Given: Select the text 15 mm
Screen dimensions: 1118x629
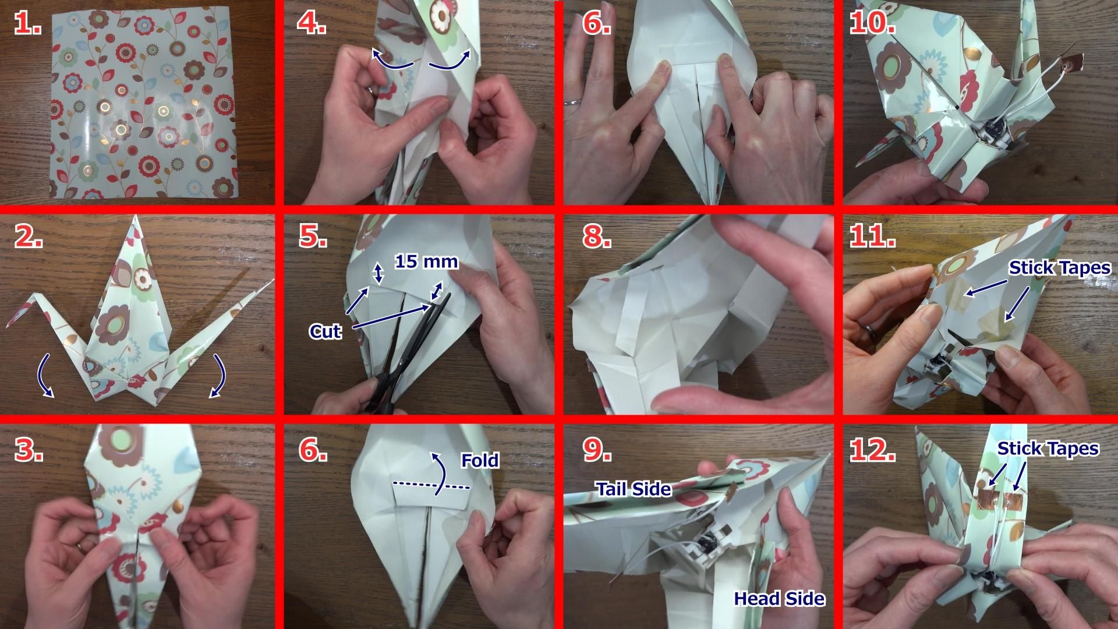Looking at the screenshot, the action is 427,262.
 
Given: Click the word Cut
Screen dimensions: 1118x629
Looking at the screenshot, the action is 325,331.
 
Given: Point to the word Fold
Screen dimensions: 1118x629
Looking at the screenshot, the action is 480,461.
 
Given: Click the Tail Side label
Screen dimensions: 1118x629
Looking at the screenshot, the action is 633,489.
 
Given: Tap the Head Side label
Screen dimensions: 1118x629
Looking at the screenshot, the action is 780,598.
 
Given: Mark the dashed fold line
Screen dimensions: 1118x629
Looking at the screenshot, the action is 431,485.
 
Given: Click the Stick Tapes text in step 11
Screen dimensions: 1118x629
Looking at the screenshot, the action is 1060,268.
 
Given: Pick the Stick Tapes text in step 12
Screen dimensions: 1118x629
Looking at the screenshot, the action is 1048,448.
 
